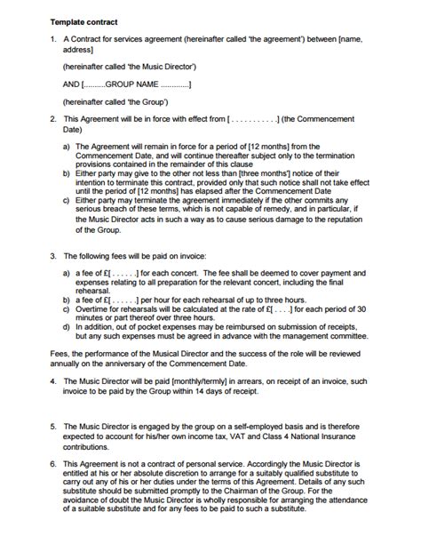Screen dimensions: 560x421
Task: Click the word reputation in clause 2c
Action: click(344, 220)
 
